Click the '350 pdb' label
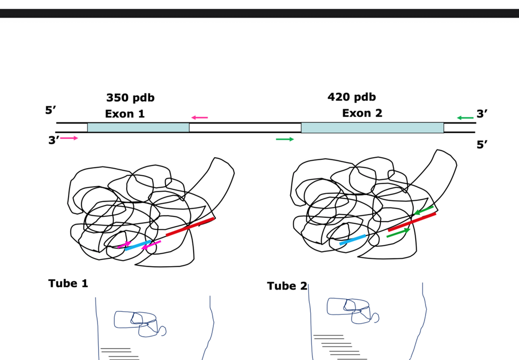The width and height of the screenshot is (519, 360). (x=130, y=98)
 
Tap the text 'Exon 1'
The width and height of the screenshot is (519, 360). (x=125, y=114)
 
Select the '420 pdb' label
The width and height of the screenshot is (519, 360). (x=351, y=97)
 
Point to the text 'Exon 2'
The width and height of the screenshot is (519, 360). (x=362, y=113)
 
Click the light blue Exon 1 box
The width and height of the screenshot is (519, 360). (x=139, y=128)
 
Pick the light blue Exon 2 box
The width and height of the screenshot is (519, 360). (x=372, y=128)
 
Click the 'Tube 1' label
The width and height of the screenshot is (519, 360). (x=68, y=283)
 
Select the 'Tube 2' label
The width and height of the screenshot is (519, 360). (x=288, y=286)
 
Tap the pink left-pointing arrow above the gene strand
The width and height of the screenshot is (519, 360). (x=200, y=117)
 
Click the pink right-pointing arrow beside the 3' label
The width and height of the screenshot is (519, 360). (x=69, y=138)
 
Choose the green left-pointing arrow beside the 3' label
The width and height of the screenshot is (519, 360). (x=465, y=118)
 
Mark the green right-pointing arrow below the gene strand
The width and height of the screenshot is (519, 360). (x=285, y=140)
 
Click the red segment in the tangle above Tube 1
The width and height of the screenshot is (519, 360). (x=190, y=227)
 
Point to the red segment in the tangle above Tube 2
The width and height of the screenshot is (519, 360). (x=412, y=221)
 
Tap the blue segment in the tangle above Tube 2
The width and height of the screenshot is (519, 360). (x=353, y=240)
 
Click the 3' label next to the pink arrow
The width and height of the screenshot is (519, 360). (x=53, y=140)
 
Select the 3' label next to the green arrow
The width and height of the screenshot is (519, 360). (x=482, y=114)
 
